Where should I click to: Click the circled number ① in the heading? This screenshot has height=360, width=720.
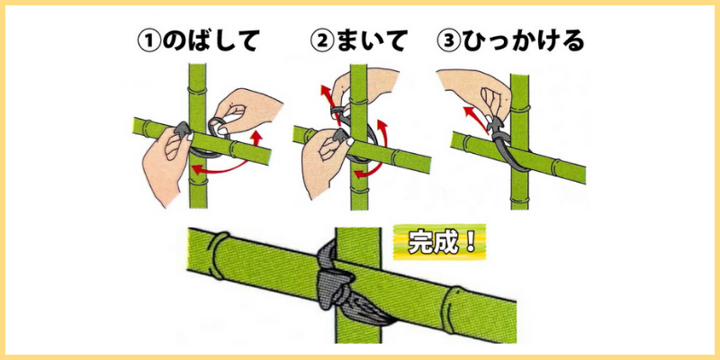click(149, 41)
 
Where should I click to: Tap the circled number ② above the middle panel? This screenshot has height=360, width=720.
click(321, 41)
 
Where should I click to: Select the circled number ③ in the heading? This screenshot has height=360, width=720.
click(449, 41)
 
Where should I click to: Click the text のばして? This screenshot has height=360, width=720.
click(211, 41)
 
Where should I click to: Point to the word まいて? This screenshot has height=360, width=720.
click(371, 41)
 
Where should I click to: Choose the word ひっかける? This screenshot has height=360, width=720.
click(523, 41)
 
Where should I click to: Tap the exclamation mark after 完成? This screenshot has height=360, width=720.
click(469, 242)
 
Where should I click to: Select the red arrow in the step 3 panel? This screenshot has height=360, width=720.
click(476, 118)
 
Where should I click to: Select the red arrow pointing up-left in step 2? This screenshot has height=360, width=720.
click(328, 104)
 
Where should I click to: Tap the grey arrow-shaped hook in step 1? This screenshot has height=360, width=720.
click(184, 130)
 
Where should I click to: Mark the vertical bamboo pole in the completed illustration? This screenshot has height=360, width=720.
click(357, 284)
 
